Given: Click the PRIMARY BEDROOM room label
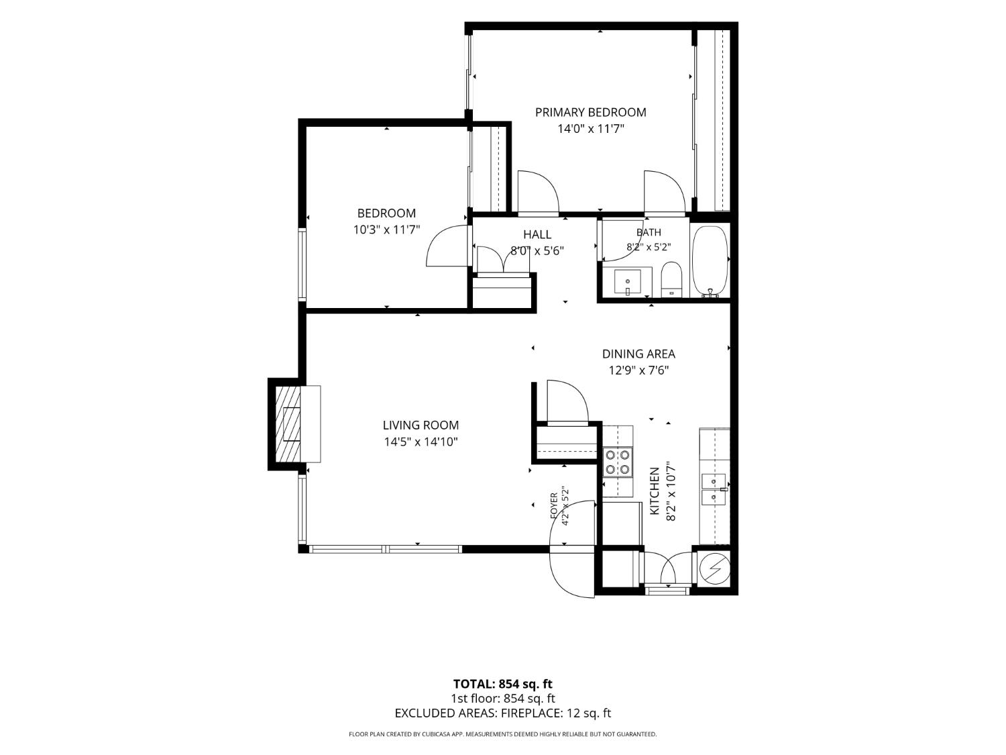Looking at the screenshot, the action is point(590,112).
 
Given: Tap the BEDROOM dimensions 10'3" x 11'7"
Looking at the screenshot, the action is point(386,230).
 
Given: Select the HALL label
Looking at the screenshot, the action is point(537,235).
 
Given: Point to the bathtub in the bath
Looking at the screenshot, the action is point(710,262).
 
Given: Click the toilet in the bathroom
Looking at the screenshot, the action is point(671,280).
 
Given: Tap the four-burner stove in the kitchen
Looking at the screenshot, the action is point(618,462).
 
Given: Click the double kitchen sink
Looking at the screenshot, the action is point(714,490).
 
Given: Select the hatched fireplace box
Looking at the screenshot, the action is point(287,424).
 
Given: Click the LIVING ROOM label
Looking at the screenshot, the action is point(421,425).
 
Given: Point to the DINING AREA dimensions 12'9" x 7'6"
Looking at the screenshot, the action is point(638,370).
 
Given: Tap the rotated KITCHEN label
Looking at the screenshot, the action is point(655,491).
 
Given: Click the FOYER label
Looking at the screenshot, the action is point(554,506).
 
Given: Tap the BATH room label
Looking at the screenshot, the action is point(649,232).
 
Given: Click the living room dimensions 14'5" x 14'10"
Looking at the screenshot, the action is point(421,442).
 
